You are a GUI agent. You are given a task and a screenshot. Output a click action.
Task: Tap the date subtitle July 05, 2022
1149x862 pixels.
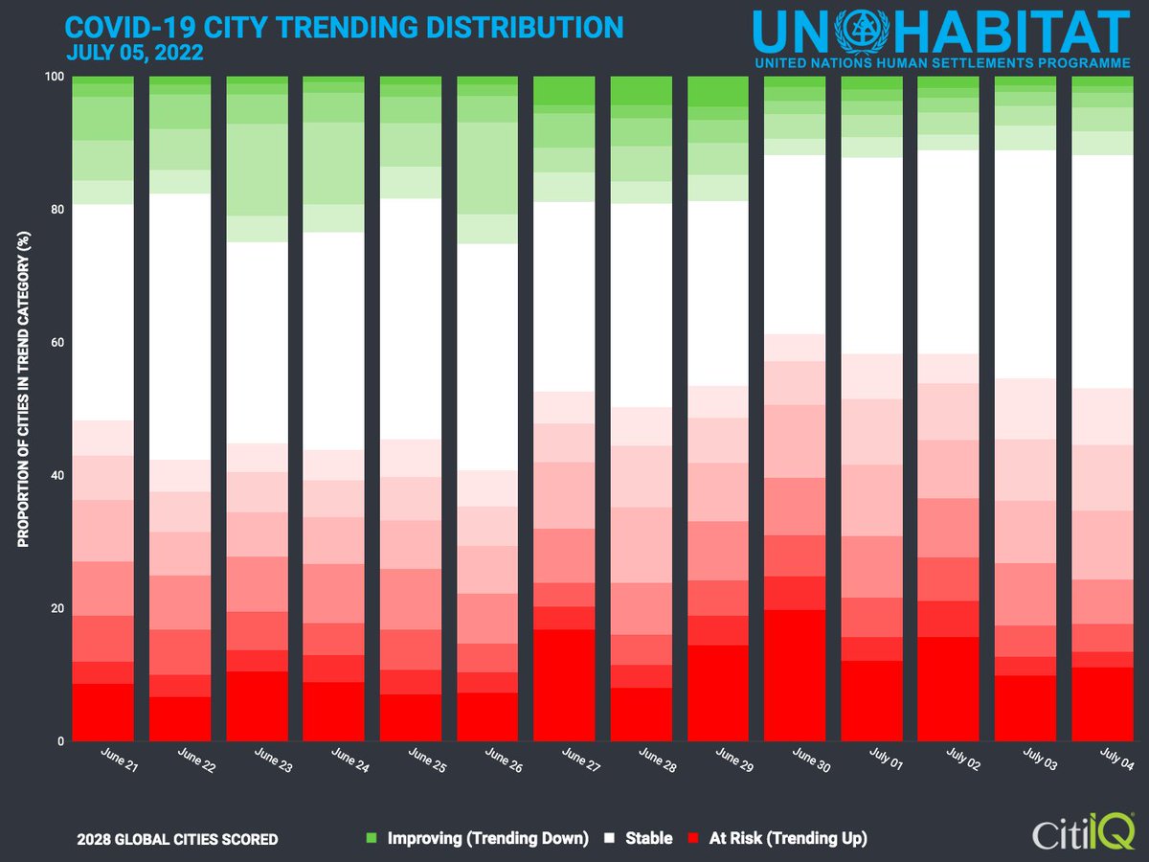click(x=135, y=53)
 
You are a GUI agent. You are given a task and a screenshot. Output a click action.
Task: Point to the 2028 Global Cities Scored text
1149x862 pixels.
click(x=177, y=840)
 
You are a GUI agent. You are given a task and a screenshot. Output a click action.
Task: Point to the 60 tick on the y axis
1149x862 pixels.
click(x=56, y=343)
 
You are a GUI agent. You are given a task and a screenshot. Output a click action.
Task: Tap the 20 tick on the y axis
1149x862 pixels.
click(x=56, y=608)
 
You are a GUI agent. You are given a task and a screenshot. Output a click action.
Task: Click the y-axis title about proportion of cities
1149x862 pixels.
click(x=24, y=408)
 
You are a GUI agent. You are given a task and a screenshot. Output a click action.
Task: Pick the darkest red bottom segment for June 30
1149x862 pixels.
click(x=795, y=675)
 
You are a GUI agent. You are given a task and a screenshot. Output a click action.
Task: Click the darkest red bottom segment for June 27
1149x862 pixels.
click(x=564, y=685)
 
